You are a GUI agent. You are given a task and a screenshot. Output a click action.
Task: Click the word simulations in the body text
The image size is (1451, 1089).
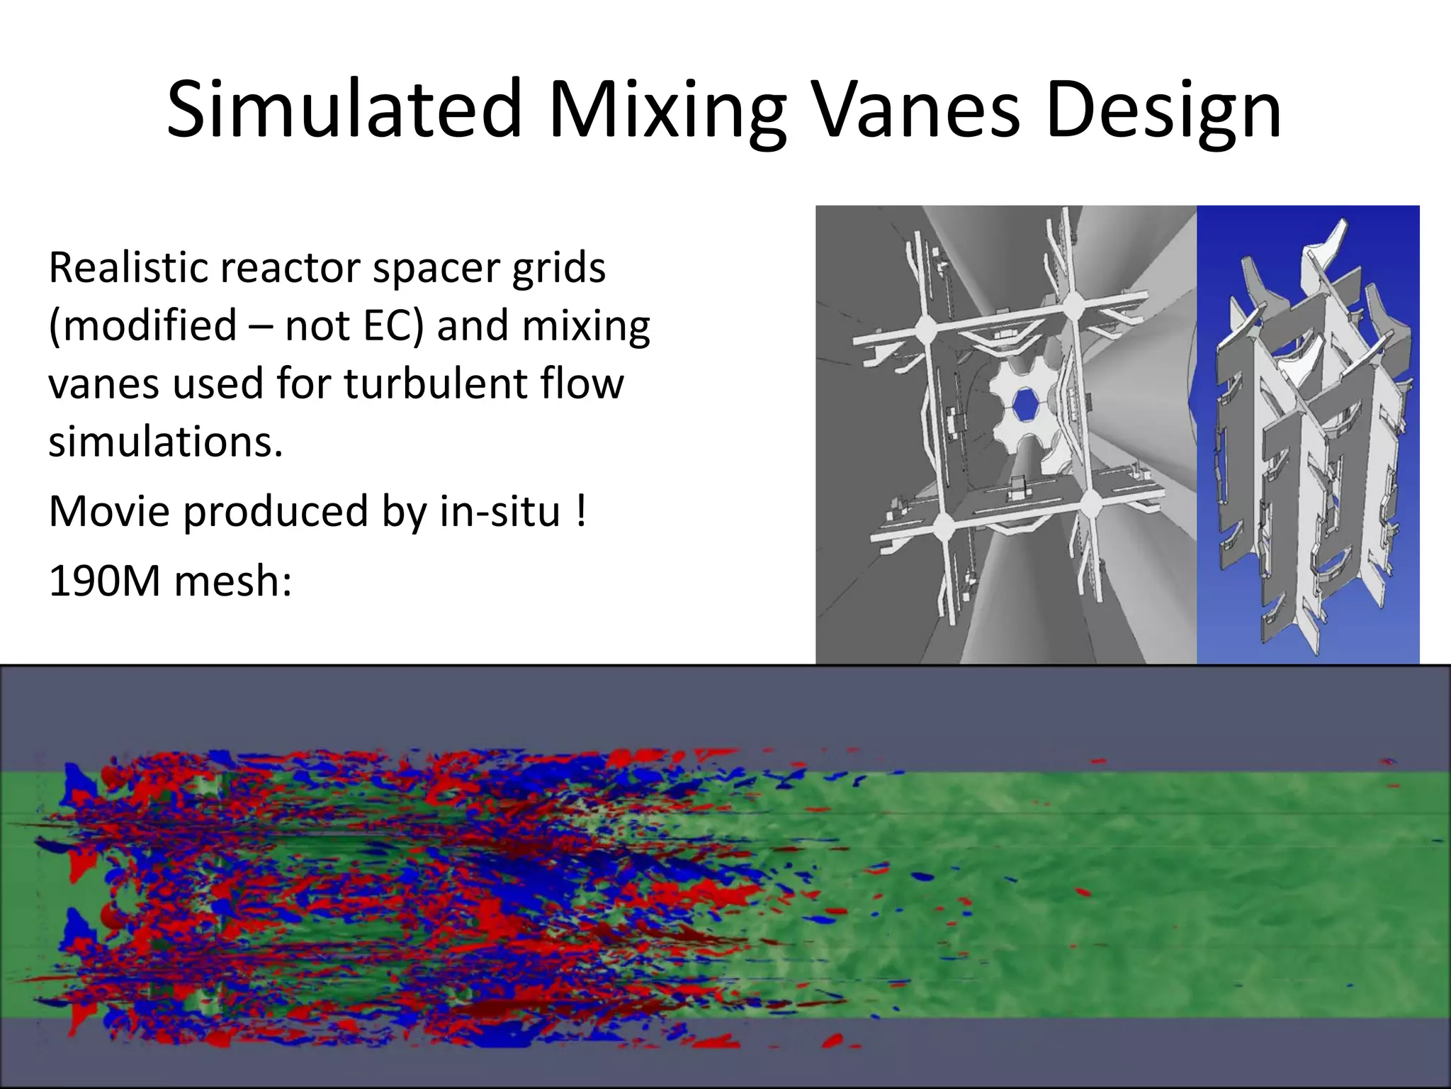[165, 442]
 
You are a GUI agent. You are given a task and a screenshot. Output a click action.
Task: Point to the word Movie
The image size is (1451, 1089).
[109, 510]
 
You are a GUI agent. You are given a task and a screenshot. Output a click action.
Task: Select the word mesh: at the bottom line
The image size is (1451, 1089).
[232, 581]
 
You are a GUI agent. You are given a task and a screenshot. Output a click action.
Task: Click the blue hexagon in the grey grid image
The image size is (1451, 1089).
[1025, 405]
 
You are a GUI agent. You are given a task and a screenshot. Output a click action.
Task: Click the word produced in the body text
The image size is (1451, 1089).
[276, 510]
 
